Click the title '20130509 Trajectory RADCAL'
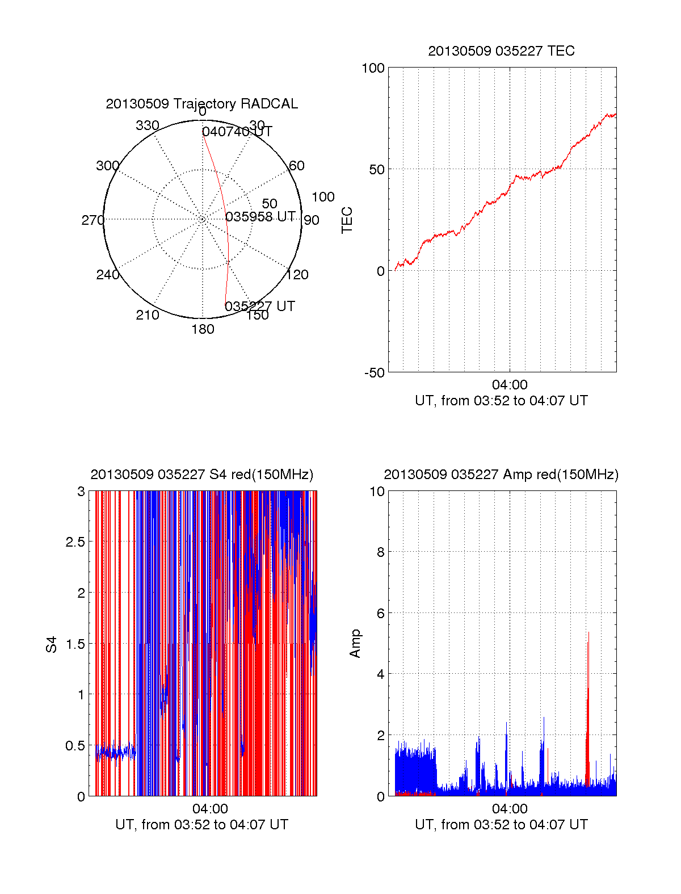coord(201,104)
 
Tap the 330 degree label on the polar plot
coord(147,125)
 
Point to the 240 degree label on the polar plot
coord(107,275)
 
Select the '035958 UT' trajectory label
coord(260,217)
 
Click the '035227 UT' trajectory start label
coord(259,307)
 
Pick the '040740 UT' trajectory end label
coord(237,132)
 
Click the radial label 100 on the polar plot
coord(323,197)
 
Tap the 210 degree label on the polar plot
coord(147,315)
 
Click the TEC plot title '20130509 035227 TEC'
coord(501,51)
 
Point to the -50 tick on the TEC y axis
coord(374,373)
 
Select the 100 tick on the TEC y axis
coord(373,68)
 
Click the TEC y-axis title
coord(347,220)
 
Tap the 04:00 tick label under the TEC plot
coord(510,385)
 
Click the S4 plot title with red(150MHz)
coord(201,475)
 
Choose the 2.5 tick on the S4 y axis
coord(75,542)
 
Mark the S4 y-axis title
coord(52,644)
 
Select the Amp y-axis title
coord(355,644)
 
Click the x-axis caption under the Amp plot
coord(501,825)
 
